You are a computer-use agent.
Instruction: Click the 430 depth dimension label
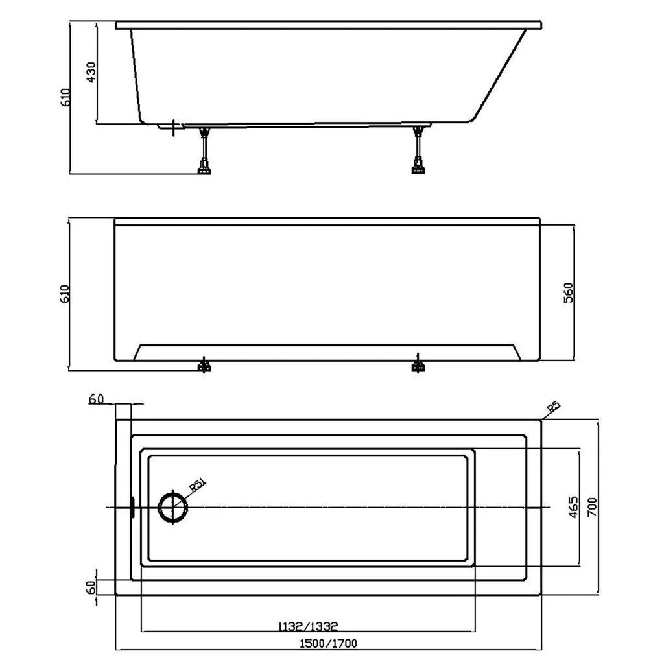91,72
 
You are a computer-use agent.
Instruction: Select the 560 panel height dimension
568,292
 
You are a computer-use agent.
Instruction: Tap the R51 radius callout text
197,484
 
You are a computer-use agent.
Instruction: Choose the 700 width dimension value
592,507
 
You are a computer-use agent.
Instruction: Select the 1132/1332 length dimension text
308,626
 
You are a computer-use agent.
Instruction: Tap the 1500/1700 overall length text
328,644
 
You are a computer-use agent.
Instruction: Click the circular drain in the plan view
172,507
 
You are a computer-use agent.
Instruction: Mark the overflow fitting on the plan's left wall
132,507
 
